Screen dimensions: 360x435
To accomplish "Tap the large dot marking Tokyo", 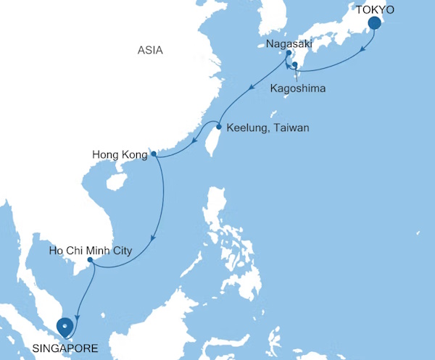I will pyautogui.click(x=375, y=23).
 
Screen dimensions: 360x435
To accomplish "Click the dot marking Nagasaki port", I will pyautogui.click(x=288, y=54).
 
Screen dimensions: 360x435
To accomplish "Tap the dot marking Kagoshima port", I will pyautogui.click(x=295, y=66).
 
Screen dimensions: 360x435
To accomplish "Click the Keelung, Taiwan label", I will pyautogui.click(x=268, y=128).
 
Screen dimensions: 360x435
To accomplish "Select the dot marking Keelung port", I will pyautogui.click(x=219, y=127).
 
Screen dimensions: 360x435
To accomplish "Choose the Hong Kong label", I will pyautogui.click(x=120, y=154).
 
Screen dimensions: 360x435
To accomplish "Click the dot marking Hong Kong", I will pyautogui.click(x=153, y=154).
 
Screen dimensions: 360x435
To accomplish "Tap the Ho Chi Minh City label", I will pyautogui.click(x=90, y=251).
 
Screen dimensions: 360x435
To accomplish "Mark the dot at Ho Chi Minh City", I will pyautogui.click(x=89, y=260).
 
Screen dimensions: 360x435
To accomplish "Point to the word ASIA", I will pyautogui.click(x=152, y=50).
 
